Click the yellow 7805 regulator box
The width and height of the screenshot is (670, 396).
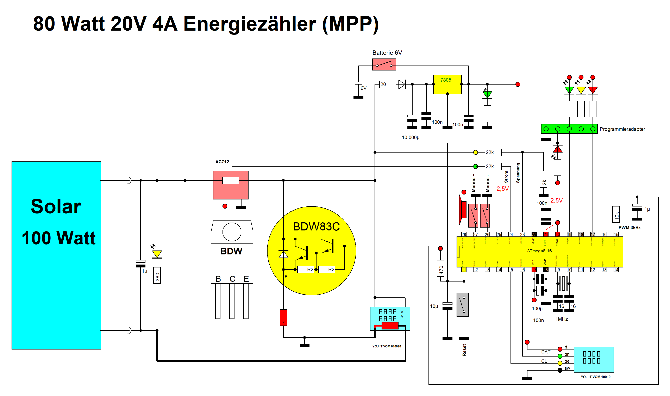click(x=447, y=84)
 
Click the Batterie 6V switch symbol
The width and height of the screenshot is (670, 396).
click(x=384, y=64)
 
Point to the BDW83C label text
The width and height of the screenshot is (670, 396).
click(x=316, y=227)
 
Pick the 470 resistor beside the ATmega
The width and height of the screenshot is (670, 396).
click(x=441, y=268)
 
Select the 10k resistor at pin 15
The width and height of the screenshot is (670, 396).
click(x=616, y=214)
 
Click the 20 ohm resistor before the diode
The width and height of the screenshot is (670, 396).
click(x=387, y=84)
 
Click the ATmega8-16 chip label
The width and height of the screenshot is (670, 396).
click(x=539, y=251)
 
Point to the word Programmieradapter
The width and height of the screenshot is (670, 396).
click(x=622, y=129)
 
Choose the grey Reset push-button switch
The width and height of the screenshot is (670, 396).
click(x=463, y=304)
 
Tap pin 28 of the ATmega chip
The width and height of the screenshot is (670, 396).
click(x=464, y=234)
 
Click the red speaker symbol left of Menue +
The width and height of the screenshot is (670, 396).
click(x=463, y=210)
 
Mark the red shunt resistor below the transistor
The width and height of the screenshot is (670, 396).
click(x=283, y=317)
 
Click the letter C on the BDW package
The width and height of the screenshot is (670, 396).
click(x=232, y=279)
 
